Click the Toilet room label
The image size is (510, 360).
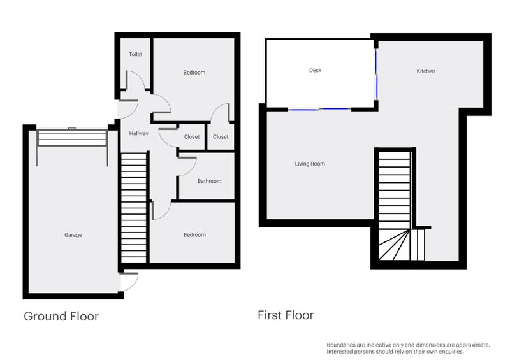pos(135,55)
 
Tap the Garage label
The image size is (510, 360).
pos(73,235)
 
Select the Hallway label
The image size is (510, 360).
pos(138,134)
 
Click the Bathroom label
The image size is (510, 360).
pos(209,182)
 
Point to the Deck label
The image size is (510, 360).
pos(315,71)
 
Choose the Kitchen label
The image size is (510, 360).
pos(426,71)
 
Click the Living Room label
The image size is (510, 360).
pos(310,164)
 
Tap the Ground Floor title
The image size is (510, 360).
pos(61,316)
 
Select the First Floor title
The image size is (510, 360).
pos(286,315)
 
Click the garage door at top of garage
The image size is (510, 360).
pos(71,137)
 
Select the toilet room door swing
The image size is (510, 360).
pos(135,80)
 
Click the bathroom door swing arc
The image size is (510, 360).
pos(187,166)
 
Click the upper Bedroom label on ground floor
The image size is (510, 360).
pos(194,73)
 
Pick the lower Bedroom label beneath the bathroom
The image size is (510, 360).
pos(194,235)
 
